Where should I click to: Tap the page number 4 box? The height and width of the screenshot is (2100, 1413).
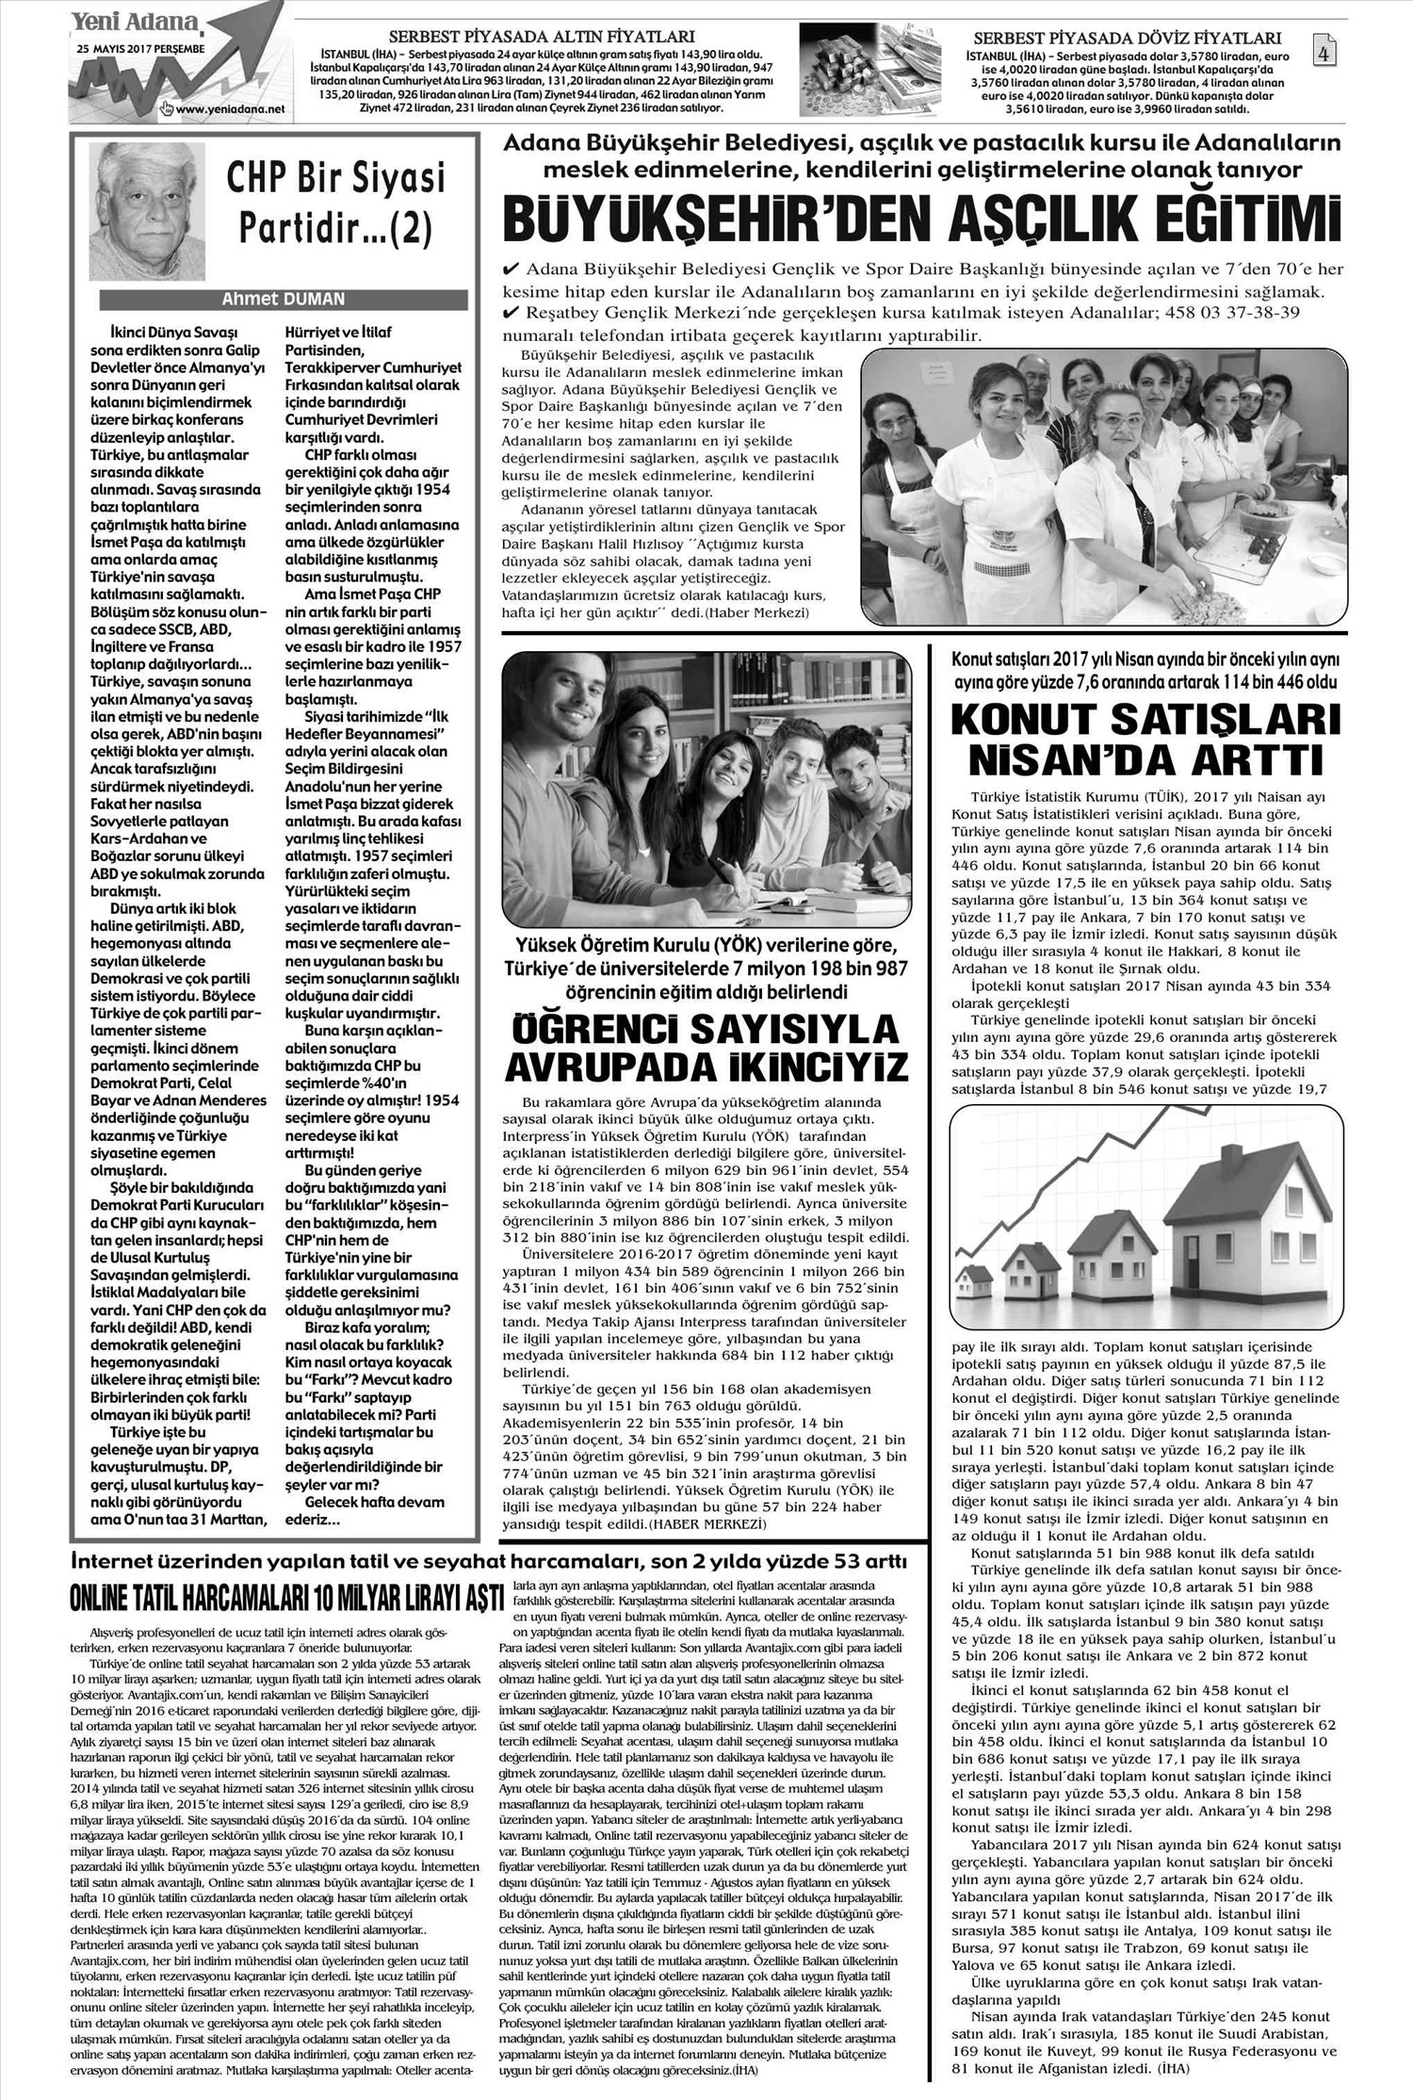click(x=1324, y=53)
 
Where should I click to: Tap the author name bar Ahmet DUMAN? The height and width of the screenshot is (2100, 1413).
click(x=283, y=299)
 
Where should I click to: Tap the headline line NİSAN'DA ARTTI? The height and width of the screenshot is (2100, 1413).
click(x=1144, y=759)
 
